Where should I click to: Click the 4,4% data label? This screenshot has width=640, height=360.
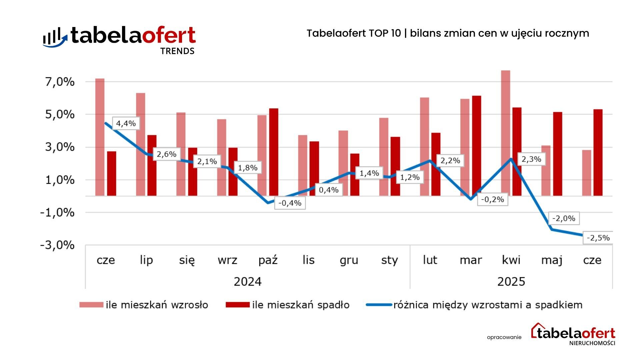[x=126, y=124]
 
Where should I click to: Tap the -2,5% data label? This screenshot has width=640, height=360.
[x=598, y=238]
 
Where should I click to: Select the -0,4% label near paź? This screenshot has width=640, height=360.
[x=290, y=203]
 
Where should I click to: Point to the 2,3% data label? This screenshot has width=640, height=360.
[x=531, y=159]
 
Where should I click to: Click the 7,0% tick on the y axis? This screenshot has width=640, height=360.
[x=60, y=82]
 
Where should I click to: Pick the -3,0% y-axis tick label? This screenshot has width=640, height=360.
[x=57, y=245]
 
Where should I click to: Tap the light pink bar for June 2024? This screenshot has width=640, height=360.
[x=100, y=137]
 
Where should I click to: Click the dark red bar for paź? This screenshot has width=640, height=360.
[x=273, y=152]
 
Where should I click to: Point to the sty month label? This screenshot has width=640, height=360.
[x=389, y=260]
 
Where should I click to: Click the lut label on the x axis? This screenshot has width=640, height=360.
[x=430, y=260]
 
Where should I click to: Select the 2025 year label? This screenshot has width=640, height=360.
[x=511, y=282]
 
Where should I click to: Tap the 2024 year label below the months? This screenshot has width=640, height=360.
[x=247, y=282]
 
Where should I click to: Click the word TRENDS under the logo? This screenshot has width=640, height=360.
[x=177, y=51]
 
